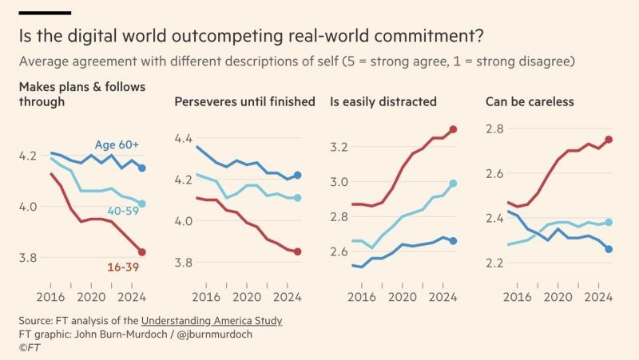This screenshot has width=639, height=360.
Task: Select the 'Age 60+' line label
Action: click(x=117, y=144)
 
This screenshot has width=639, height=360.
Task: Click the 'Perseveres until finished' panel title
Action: click(x=245, y=101)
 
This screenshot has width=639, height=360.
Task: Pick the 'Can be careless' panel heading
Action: click(x=530, y=101)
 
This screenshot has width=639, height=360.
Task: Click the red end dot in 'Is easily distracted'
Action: click(x=454, y=129)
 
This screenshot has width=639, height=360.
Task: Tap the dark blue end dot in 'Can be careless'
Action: click(x=609, y=249)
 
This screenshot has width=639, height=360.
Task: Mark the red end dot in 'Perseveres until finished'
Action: click(x=297, y=251)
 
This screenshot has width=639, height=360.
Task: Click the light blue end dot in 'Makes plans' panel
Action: click(x=141, y=204)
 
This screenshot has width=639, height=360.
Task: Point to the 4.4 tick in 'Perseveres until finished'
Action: click(x=185, y=138)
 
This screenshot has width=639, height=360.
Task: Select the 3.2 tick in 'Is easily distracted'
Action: click(x=340, y=147)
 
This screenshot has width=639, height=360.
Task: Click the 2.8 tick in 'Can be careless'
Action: click(x=496, y=129)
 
